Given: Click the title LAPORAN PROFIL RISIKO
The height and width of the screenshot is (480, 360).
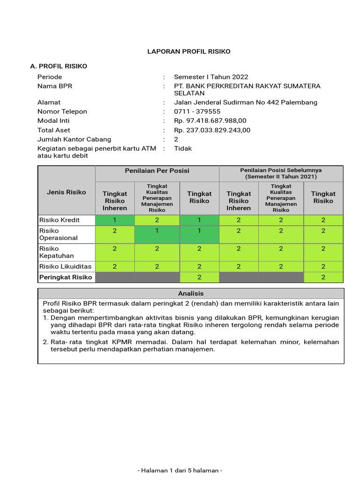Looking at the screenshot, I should pyautogui.click(x=189, y=51).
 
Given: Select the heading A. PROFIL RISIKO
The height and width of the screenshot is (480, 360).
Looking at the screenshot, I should pyautogui.click(x=59, y=66).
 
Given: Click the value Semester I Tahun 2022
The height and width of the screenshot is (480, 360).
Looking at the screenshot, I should pyautogui.click(x=211, y=77).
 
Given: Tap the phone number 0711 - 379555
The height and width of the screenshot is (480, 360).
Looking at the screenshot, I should pyautogui.click(x=197, y=112).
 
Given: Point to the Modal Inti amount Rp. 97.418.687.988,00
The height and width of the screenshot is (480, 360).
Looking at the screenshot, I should pyautogui.click(x=210, y=121).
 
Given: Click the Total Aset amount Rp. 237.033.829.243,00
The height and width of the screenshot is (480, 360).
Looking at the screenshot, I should pyautogui.click(x=212, y=130).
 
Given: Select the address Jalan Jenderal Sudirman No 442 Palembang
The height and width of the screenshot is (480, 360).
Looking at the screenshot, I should pyautogui.click(x=246, y=102).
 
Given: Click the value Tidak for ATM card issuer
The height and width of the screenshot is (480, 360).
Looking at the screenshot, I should pyautogui.click(x=183, y=149).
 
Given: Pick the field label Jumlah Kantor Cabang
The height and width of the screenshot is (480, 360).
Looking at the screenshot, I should pyautogui.click(x=74, y=139).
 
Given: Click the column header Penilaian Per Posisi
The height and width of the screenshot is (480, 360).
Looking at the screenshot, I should pyautogui.click(x=157, y=171).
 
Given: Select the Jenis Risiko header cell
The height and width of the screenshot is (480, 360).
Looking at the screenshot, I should pyautogui.click(x=67, y=192).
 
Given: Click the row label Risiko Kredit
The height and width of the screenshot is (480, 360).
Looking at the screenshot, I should pyautogui.click(x=60, y=220).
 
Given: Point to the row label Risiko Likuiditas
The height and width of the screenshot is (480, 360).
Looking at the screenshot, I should pyautogui.click(x=65, y=266).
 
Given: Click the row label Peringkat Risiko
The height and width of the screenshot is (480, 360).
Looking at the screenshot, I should pyautogui.click(x=66, y=277).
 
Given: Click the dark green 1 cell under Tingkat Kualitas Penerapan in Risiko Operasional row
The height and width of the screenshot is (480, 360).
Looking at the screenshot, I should pyautogui.click(x=157, y=234).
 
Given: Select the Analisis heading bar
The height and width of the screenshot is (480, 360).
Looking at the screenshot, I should pyautogui.click(x=191, y=293).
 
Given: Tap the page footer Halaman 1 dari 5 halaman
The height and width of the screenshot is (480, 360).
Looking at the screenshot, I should pyautogui.click(x=180, y=470).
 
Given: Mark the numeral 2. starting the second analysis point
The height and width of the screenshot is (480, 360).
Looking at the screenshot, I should pyautogui.click(x=46, y=342).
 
